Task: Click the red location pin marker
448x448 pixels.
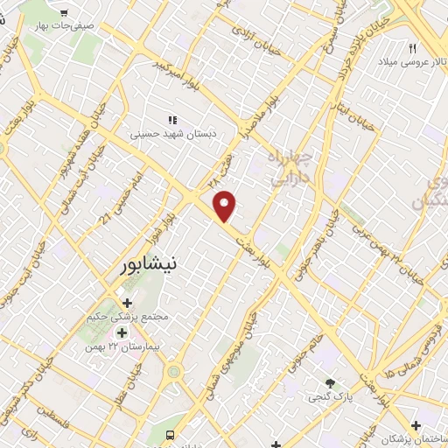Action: pos(226,206)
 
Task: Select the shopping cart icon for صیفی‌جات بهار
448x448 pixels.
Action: pos(64,11)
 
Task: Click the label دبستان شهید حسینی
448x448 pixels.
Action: pos(173,135)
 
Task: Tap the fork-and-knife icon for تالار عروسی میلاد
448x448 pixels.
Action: pos(412,48)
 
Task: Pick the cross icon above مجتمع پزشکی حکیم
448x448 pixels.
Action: pos(128,303)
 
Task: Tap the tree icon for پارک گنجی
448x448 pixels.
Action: pos(330,383)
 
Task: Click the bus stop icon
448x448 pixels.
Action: pos(171,435)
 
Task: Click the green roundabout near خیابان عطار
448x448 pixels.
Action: pos(174,371)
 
